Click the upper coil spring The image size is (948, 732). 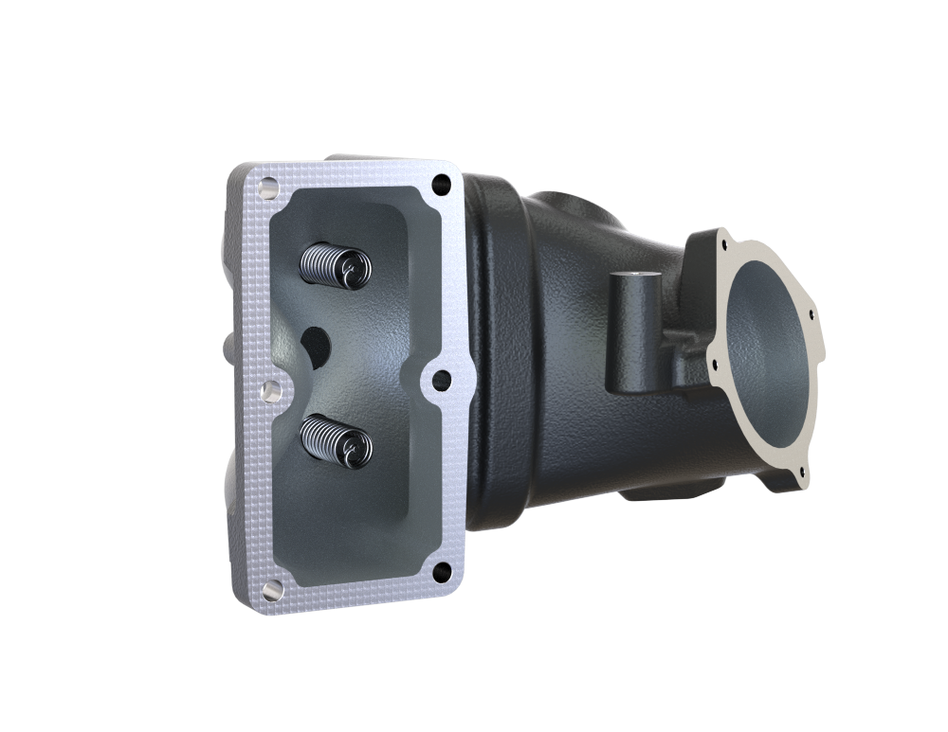(x=327, y=262)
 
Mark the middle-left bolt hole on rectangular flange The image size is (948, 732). (x=268, y=389)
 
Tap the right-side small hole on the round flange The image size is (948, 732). (x=810, y=308)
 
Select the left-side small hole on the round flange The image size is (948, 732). (x=709, y=358)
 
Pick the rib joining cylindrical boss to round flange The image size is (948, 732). (x=678, y=355)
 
